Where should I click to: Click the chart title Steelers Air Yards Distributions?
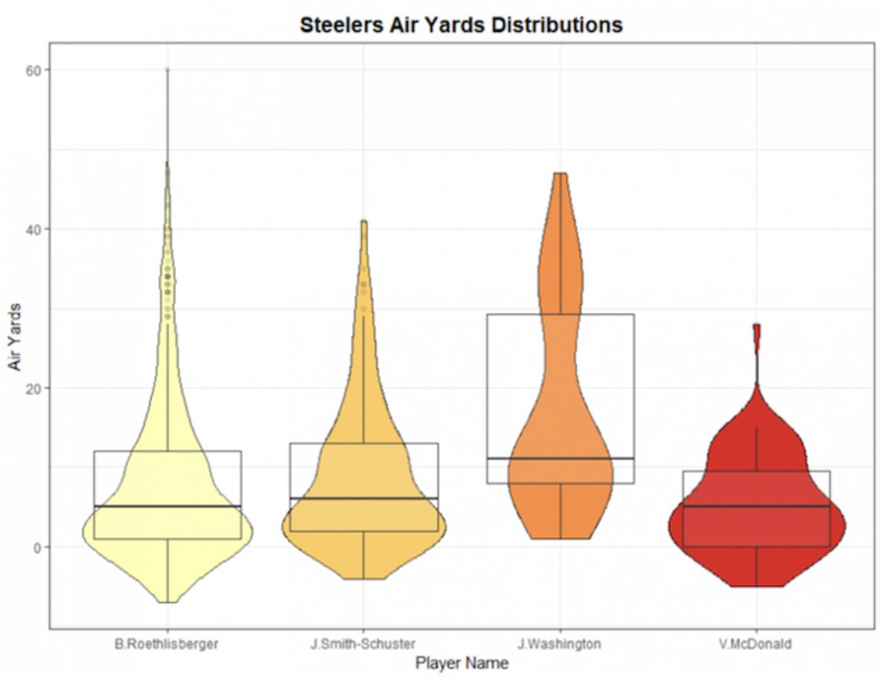click(x=461, y=25)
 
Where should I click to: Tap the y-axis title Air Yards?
click(x=16, y=337)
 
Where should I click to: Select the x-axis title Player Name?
click(x=462, y=663)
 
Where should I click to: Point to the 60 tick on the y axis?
click(x=34, y=70)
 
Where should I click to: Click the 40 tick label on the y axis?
click(x=34, y=229)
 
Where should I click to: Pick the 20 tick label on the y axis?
click(x=34, y=388)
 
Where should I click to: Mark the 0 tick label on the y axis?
click(x=37, y=547)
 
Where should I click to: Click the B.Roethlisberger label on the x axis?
click(x=167, y=644)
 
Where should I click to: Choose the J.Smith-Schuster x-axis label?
click(x=363, y=644)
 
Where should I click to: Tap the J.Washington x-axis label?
click(x=560, y=644)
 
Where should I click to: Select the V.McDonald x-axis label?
click(x=755, y=644)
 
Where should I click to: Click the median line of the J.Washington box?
click(x=560, y=459)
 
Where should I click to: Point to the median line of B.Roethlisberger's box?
click(x=168, y=506)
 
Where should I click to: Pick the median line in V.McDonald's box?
click(x=757, y=506)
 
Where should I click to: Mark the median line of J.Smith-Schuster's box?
click(x=363, y=498)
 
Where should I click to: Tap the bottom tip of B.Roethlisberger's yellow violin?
click(x=168, y=602)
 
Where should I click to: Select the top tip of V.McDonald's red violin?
click(x=757, y=325)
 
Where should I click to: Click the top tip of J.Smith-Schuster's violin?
click(x=363, y=221)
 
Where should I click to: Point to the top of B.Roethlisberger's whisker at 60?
click(x=168, y=70)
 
